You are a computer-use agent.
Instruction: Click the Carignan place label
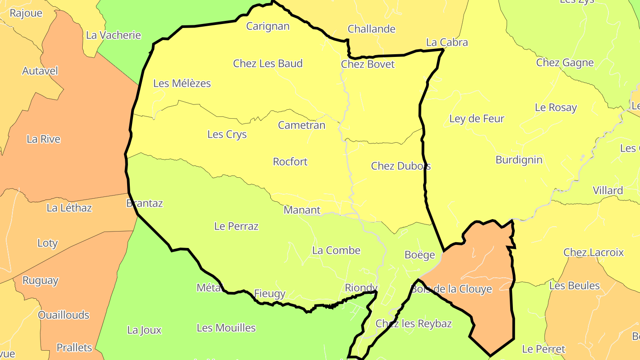[x=268, y=26]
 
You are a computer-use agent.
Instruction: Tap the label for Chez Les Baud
[x=268, y=64]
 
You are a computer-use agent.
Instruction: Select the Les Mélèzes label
[x=182, y=83]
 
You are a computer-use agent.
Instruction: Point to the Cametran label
[x=302, y=125]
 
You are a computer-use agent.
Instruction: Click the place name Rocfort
[x=290, y=162]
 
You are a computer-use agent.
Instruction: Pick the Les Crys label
[x=227, y=134]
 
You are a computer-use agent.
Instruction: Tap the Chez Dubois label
[x=401, y=166]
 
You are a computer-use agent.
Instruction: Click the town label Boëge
[x=420, y=255]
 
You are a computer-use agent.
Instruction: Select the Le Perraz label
[x=236, y=226]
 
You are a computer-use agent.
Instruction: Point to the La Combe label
[x=336, y=250]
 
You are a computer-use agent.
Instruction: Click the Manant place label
[x=302, y=210]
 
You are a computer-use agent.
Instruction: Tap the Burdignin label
[x=519, y=160]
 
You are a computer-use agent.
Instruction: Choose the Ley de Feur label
[x=477, y=119]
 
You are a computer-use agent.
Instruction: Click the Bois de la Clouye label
[x=452, y=289]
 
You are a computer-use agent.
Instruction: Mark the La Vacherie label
[x=113, y=35]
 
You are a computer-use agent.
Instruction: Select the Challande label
[x=372, y=29]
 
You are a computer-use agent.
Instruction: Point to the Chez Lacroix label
[x=594, y=252]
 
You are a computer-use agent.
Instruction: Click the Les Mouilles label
[x=226, y=328]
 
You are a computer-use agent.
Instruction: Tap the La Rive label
[x=44, y=139]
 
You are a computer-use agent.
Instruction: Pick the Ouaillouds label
[x=64, y=315]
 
